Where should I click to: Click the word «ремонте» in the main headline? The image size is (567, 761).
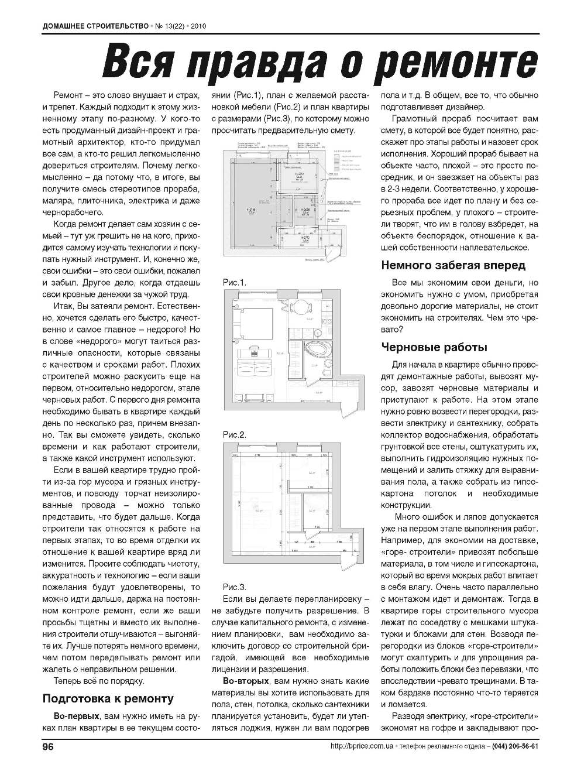pyautogui.click(x=456, y=62)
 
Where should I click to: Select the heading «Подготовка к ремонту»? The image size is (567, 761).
pyautogui.click(x=108, y=698)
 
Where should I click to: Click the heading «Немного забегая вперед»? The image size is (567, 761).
pyautogui.click(x=453, y=265)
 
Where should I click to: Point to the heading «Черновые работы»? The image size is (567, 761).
pyautogui.click(x=434, y=347)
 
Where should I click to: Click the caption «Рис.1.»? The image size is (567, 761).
pyautogui.click(x=235, y=283)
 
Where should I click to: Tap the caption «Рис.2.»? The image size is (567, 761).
pyautogui.click(x=235, y=435)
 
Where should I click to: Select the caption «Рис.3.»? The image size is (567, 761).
pyautogui.click(x=235, y=587)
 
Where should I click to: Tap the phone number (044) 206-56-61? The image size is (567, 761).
pyautogui.click(x=515, y=746)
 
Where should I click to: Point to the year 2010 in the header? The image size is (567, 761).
pyautogui.click(x=199, y=26)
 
